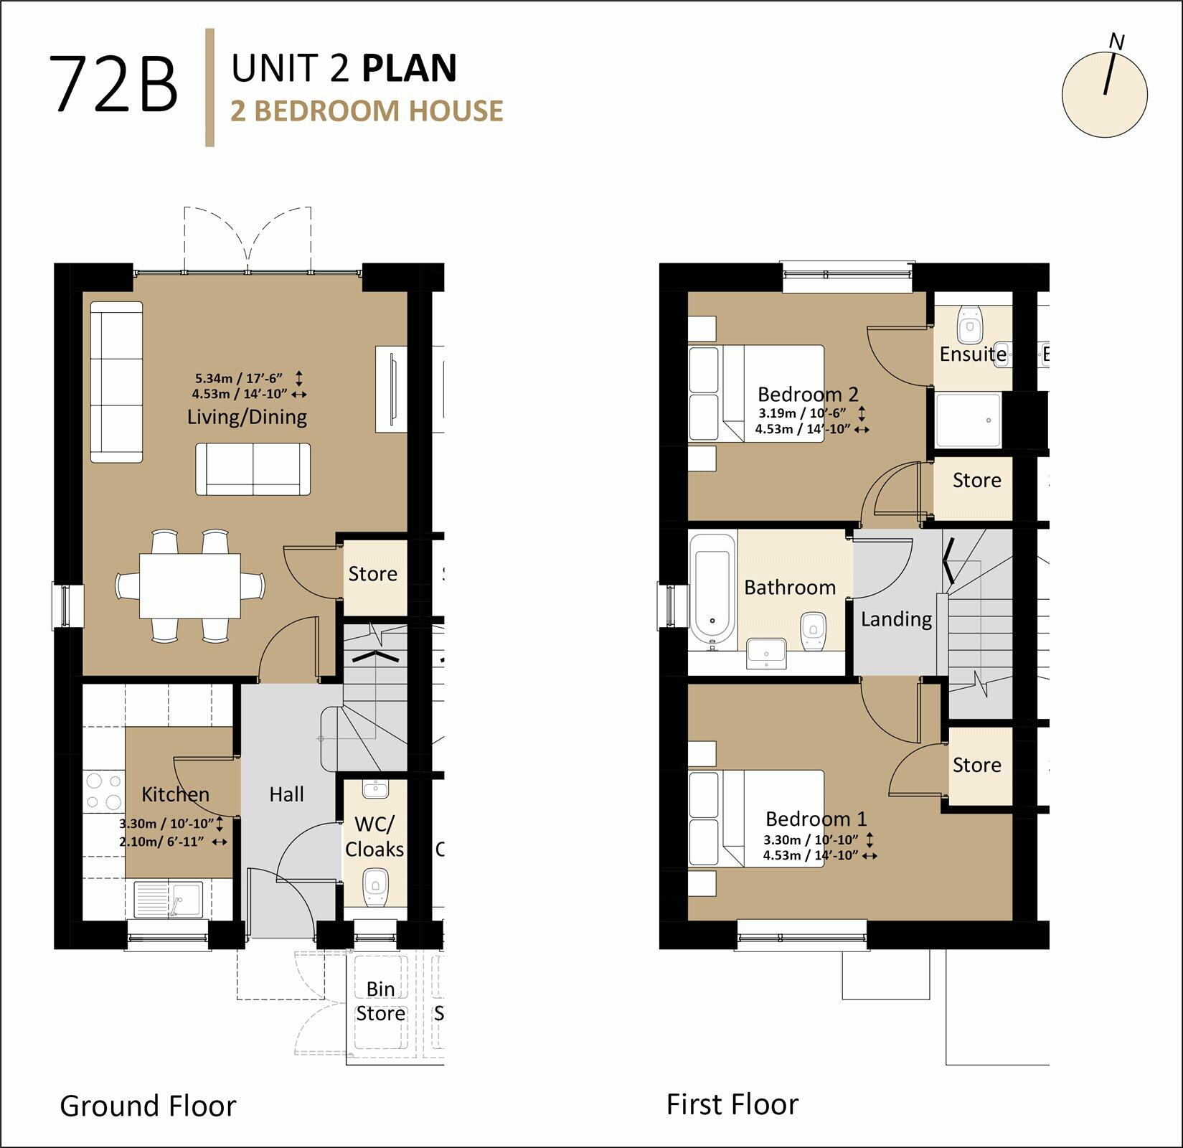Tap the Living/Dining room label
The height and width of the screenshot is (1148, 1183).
[247, 417]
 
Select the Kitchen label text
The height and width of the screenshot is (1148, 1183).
[175, 794]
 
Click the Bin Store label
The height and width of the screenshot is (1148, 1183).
[380, 1001]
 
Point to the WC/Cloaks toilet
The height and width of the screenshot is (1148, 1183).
[375, 888]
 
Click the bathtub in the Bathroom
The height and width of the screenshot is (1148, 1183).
[712, 587]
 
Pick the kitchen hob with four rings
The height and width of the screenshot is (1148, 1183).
[104, 791]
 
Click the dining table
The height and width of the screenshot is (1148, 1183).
[190, 585]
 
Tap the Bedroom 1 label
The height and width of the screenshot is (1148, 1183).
[816, 819]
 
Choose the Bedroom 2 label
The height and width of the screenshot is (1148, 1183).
[808, 394]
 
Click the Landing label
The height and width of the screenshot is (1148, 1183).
[896, 619]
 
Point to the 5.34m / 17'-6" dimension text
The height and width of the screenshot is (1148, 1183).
[239, 378]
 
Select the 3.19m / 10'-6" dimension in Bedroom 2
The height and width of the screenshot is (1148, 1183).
[803, 413]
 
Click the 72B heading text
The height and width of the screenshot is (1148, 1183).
[113, 85]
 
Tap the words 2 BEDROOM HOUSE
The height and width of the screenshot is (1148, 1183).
[367, 111]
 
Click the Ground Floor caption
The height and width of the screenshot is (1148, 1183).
[148, 1106]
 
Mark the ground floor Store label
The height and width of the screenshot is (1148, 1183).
[372, 573]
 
